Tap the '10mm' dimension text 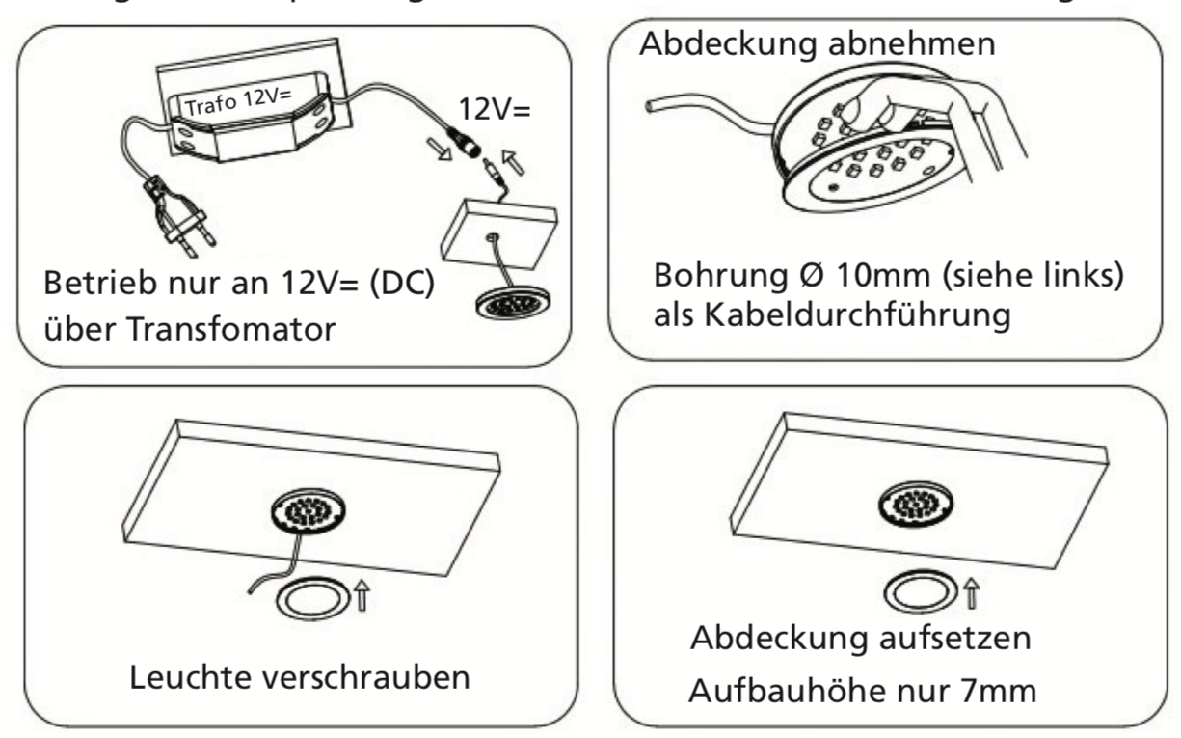pyautogui.click(x=848, y=273)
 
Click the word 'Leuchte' pyautogui.click(x=197, y=675)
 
